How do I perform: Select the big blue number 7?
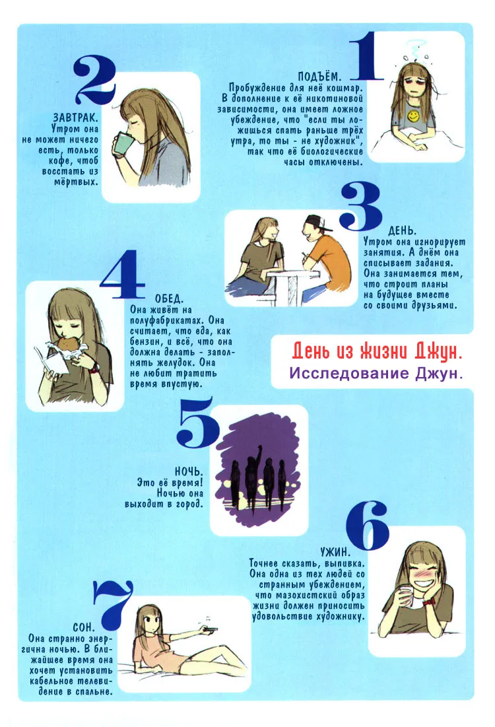pos(114,604)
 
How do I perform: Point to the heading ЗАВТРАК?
pos(75,118)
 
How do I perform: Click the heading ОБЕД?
pos(169,298)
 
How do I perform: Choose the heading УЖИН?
pos(335,552)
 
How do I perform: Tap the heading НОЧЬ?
pos(189,471)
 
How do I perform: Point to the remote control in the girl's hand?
pos(210,629)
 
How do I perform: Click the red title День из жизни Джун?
pos(377,352)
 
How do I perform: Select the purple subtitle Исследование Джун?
pos(376,373)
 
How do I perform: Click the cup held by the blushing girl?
pos(405,596)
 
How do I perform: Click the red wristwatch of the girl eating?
pos(94,368)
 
